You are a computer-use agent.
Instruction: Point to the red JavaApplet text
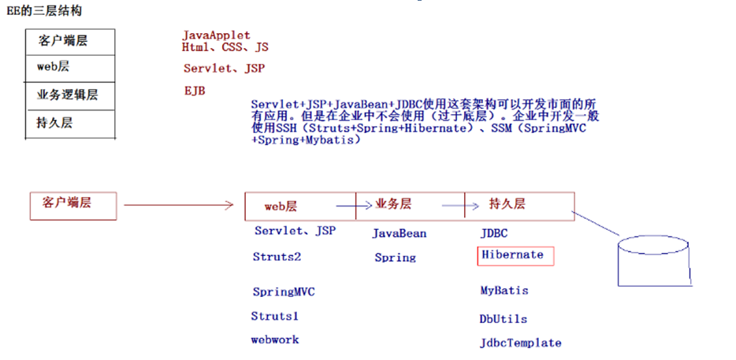(216, 35)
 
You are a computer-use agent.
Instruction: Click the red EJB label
(194, 91)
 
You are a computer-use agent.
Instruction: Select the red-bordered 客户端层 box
(73, 204)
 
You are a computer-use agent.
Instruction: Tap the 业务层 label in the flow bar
(392, 204)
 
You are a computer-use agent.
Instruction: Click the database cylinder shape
(656, 259)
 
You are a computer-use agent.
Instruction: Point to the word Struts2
(277, 257)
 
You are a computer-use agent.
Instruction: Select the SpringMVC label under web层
(284, 291)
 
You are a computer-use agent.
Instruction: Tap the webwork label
(275, 340)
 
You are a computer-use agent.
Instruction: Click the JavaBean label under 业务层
(400, 233)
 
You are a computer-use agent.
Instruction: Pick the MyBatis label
(504, 291)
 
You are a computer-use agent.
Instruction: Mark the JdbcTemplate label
(521, 343)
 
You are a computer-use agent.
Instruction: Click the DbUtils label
(504, 319)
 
